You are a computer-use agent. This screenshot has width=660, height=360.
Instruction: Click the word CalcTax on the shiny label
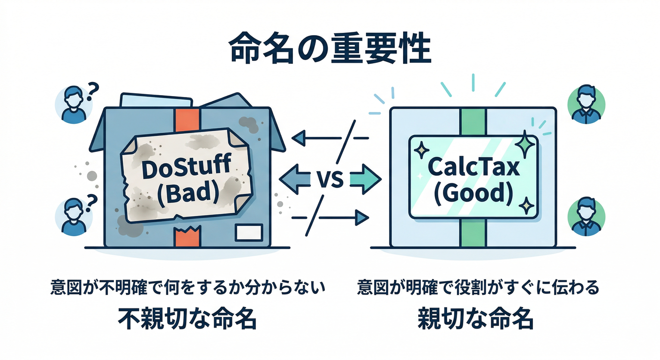tap(473, 167)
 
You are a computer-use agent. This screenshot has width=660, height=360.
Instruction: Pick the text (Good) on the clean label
tap(473, 193)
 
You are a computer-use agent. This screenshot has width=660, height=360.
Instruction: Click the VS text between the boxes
tap(330, 180)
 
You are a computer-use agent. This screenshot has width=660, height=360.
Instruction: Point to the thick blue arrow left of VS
tap(295, 179)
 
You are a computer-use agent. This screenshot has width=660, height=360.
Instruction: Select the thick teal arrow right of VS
tap(366, 179)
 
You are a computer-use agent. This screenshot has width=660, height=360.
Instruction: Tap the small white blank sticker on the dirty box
tap(249, 232)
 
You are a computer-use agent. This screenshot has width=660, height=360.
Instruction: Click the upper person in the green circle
tap(586, 104)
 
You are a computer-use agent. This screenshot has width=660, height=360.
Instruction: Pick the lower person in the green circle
tap(586, 216)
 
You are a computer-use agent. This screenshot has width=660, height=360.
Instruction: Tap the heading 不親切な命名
tap(187, 318)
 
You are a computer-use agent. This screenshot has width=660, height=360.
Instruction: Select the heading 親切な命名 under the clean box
tap(476, 318)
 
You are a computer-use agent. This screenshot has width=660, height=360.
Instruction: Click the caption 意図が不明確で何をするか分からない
tap(188, 287)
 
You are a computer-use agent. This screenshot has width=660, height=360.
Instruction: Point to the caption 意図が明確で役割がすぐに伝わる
tap(478, 287)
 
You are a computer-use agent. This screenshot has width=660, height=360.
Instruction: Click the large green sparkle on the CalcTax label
tap(525, 144)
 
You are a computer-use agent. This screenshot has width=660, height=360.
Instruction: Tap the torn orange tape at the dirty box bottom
tap(187, 236)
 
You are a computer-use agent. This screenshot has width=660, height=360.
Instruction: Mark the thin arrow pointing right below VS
tap(330, 218)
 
